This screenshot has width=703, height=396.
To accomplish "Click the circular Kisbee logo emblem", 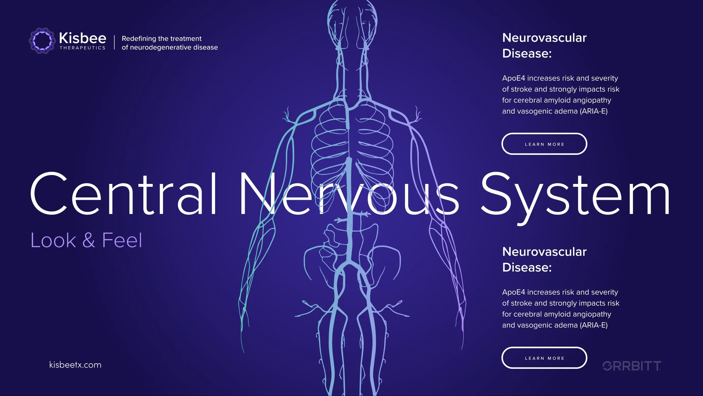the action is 42,41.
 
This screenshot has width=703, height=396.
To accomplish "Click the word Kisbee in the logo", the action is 82,38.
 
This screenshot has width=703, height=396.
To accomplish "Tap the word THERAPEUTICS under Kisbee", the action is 82,48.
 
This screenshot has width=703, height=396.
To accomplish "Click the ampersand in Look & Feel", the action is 89,240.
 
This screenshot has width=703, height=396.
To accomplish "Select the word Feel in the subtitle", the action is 122,240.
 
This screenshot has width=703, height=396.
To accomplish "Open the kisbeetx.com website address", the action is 75,365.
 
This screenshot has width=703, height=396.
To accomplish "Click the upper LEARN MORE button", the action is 544,144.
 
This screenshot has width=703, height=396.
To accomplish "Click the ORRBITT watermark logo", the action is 632,366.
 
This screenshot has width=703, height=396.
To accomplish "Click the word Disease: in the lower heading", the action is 527,267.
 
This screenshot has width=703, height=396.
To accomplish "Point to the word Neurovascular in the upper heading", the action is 544,38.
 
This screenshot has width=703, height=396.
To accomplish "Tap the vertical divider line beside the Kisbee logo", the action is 114,42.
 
